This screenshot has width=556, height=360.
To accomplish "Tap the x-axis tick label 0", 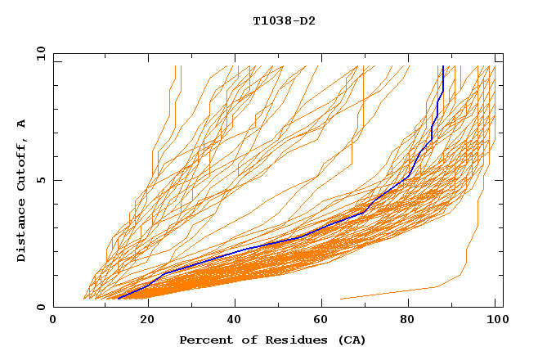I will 53,320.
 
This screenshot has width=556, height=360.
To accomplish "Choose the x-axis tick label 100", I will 495,320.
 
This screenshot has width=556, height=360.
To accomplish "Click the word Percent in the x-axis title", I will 204,340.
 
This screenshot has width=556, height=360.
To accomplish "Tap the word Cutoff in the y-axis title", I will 22,166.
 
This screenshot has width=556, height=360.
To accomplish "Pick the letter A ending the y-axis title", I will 22,124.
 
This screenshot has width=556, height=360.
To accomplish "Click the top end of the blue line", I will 442,67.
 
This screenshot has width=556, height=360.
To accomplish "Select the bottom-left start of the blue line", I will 119,299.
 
